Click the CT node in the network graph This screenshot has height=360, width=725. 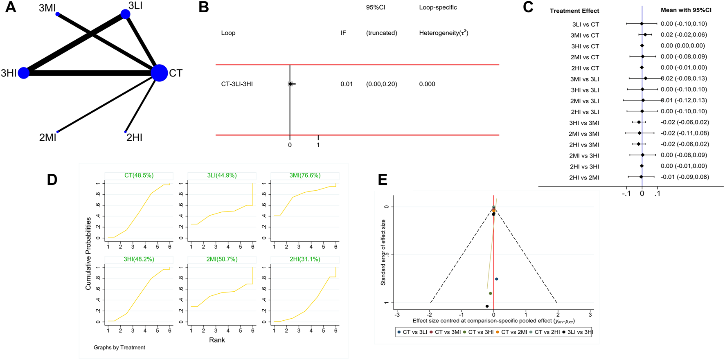point(159,73)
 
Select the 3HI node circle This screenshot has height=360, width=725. point(24,73)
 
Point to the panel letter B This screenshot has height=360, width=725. point(204,8)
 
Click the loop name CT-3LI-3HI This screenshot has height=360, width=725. point(237,84)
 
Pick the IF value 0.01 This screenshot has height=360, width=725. point(346,84)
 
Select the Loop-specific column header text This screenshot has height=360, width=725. point(438,7)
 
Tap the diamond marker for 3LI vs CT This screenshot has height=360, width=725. point(642,24)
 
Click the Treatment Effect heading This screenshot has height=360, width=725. point(574,11)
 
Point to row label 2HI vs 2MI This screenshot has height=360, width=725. point(584,178)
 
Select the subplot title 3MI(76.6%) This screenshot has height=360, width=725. point(305,175)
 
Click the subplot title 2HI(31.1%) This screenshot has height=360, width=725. point(305,259)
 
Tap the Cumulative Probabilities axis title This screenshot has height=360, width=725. point(88,254)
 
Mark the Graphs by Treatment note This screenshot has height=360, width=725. point(119,348)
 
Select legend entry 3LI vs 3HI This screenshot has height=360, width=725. point(577,332)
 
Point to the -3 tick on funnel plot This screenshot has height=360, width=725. point(397,315)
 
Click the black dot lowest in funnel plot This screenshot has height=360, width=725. point(487,306)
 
